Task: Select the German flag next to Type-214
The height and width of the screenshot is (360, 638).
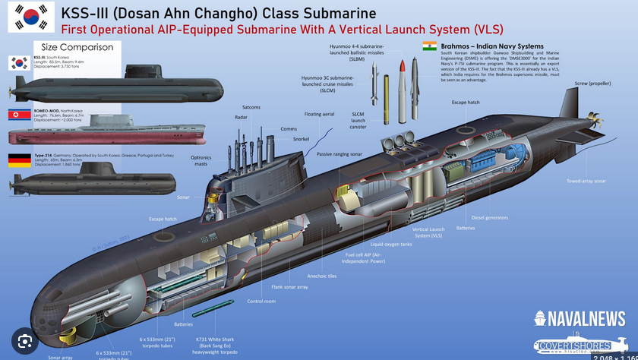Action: coord(19,159)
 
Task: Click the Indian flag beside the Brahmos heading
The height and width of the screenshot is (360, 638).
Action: coord(430,46)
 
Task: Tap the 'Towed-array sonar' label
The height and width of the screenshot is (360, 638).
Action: coord(585,181)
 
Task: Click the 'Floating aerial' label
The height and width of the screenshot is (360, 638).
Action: coord(319,115)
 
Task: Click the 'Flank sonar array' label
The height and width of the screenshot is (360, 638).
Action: coord(289,287)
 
